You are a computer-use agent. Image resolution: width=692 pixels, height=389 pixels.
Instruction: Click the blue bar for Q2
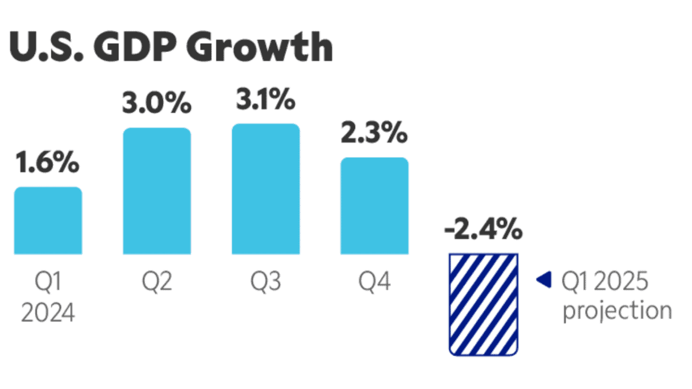pyautogui.click(x=157, y=191)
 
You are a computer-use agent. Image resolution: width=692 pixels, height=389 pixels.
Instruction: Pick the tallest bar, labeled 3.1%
pyautogui.click(x=266, y=189)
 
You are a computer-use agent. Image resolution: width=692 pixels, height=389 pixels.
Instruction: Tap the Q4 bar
pyautogui.click(x=374, y=206)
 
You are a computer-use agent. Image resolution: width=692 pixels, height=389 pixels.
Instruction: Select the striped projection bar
pyautogui.click(x=483, y=304)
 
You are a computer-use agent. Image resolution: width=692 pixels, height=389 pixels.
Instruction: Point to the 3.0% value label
pyautogui.click(x=156, y=104)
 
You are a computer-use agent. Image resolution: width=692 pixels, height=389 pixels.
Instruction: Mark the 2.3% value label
pyautogui.click(x=374, y=134)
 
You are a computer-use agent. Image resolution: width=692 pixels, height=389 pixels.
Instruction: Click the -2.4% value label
pyautogui.click(x=483, y=230)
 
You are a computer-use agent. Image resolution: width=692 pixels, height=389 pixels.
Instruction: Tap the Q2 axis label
pyautogui.click(x=157, y=283)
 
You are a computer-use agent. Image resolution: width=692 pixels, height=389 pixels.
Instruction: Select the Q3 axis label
pyautogui.click(x=266, y=283)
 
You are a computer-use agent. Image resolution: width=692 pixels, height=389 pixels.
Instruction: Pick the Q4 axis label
pyautogui.click(x=374, y=283)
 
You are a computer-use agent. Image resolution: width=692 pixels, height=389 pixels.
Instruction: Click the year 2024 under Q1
pyautogui.click(x=48, y=315)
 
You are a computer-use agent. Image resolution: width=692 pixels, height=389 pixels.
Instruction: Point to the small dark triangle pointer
pyautogui.click(x=541, y=281)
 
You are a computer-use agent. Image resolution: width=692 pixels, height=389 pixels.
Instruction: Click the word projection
pyautogui.click(x=617, y=311)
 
